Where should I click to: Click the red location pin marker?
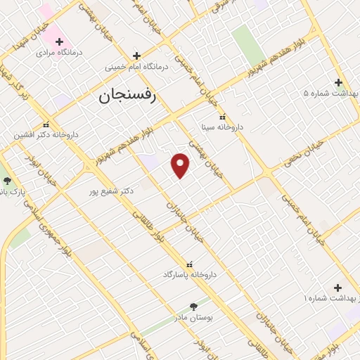pos(181,165)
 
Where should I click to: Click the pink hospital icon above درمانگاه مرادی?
pos(59,41)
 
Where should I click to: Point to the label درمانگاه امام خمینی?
pos(138,67)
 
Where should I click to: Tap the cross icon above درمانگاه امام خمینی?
pos(136,55)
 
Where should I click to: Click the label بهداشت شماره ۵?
pos(331,93)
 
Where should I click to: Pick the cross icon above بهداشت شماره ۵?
pos(339,81)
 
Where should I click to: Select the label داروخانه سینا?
pos(221,128)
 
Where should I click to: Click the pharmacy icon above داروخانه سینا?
pos(222,117)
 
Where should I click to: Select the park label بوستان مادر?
pos(194,317)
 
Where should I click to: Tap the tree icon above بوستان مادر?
pos(194,307)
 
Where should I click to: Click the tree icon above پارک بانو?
pos(7,180)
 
